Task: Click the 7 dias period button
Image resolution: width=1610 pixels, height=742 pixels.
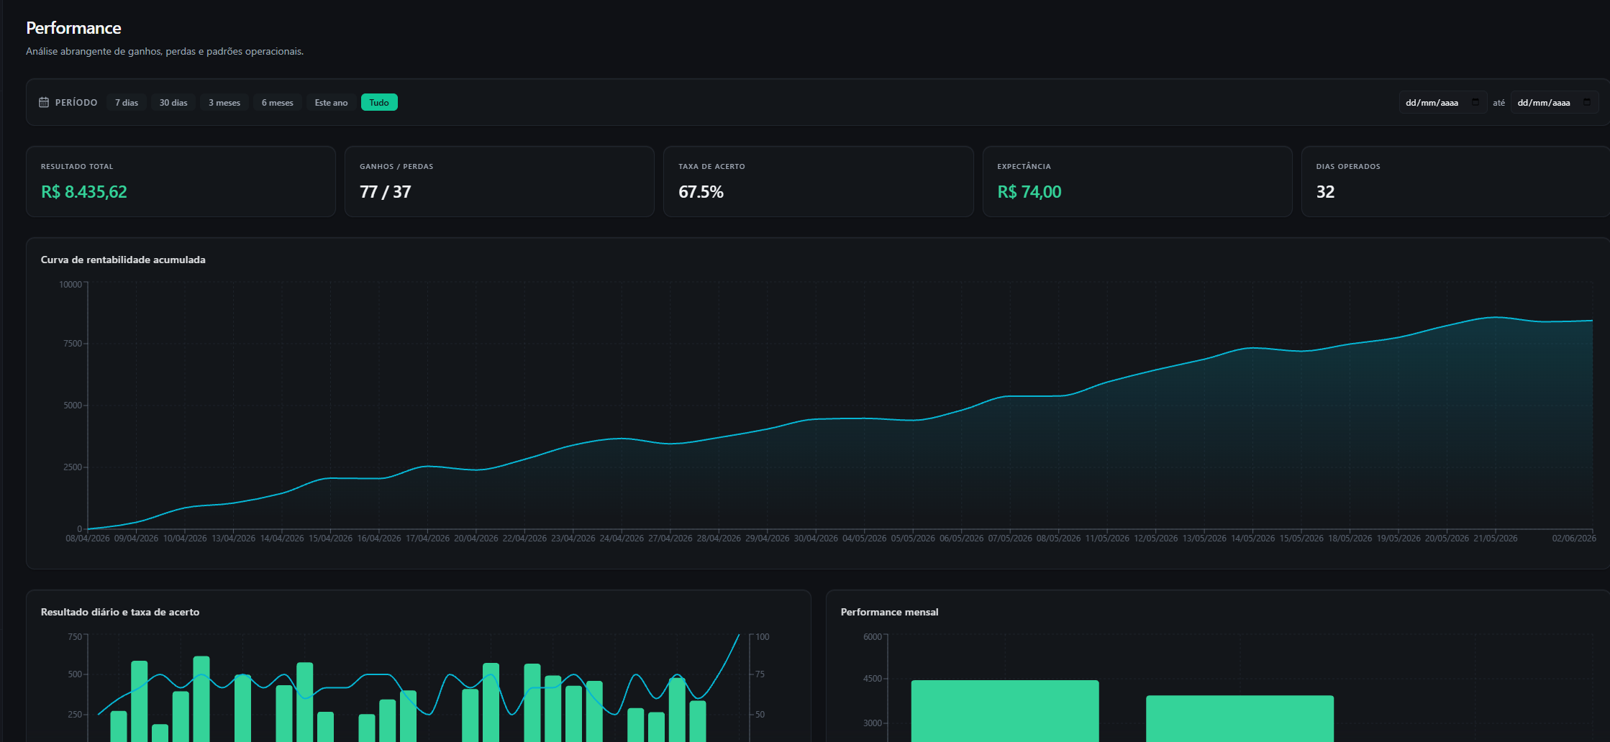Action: click(x=127, y=102)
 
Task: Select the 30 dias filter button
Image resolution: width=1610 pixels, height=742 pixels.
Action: click(x=173, y=102)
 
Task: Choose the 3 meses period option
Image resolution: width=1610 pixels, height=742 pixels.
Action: click(x=224, y=102)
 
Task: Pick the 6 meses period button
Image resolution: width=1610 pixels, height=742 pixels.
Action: click(x=277, y=102)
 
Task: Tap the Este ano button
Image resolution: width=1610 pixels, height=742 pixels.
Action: click(x=331, y=102)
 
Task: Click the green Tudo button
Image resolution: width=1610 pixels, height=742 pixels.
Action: click(x=379, y=102)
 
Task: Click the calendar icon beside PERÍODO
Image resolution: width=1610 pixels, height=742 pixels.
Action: click(x=44, y=102)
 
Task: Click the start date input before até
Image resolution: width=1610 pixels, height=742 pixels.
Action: click(x=1442, y=102)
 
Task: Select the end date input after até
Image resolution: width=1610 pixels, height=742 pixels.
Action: click(x=1555, y=102)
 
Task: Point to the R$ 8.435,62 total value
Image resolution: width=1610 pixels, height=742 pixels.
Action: click(x=84, y=192)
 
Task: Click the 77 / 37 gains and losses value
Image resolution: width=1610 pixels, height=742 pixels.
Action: click(x=386, y=192)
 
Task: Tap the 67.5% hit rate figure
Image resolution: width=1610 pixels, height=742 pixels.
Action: click(x=701, y=192)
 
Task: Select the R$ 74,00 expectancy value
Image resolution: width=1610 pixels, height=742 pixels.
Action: click(x=1029, y=192)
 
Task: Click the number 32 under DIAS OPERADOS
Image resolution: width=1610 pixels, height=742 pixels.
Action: click(x=1325, y=192)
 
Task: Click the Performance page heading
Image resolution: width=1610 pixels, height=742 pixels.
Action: click(x=73, y=28)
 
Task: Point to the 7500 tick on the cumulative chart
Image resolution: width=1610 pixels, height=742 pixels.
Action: click(x=73, y=344)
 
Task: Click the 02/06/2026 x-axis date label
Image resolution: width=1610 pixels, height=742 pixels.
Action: click(x=1574, y=538)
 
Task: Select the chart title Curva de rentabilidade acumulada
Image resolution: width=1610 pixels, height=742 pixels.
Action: click(x=123, y=260)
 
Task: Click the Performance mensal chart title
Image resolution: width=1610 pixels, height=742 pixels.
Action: click(x=889, y=612)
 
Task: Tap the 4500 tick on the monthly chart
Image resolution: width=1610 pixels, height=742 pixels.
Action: click(x=873, y=679)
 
